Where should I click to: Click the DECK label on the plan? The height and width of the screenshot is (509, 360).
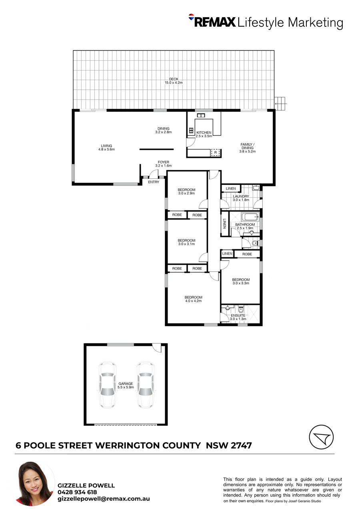[174, 79]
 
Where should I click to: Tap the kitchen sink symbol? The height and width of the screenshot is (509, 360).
[201, 115]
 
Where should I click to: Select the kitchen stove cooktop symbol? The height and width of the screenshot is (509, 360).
[191, 131]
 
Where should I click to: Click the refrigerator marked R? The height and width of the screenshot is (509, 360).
[215, 152]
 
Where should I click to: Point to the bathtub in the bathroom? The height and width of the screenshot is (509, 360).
[250, 217]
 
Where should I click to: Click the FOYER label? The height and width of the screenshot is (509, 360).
[163, 162]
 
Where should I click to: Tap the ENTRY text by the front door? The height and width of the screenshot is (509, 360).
[154, 182]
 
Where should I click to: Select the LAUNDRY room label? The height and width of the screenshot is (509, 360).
[241, 196]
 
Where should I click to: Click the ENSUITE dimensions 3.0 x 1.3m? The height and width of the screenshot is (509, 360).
[238, 319]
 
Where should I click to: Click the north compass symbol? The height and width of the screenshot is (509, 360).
[321, 437]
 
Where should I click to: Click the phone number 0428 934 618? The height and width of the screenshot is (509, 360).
[77, 492]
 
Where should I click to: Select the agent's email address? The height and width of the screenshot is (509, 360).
[104, 499]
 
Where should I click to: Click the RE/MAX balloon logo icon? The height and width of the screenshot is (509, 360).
[191, 16]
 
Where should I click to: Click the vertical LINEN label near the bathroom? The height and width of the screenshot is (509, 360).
[224, 224]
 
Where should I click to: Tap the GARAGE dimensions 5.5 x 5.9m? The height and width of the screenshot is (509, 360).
[126, 387]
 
